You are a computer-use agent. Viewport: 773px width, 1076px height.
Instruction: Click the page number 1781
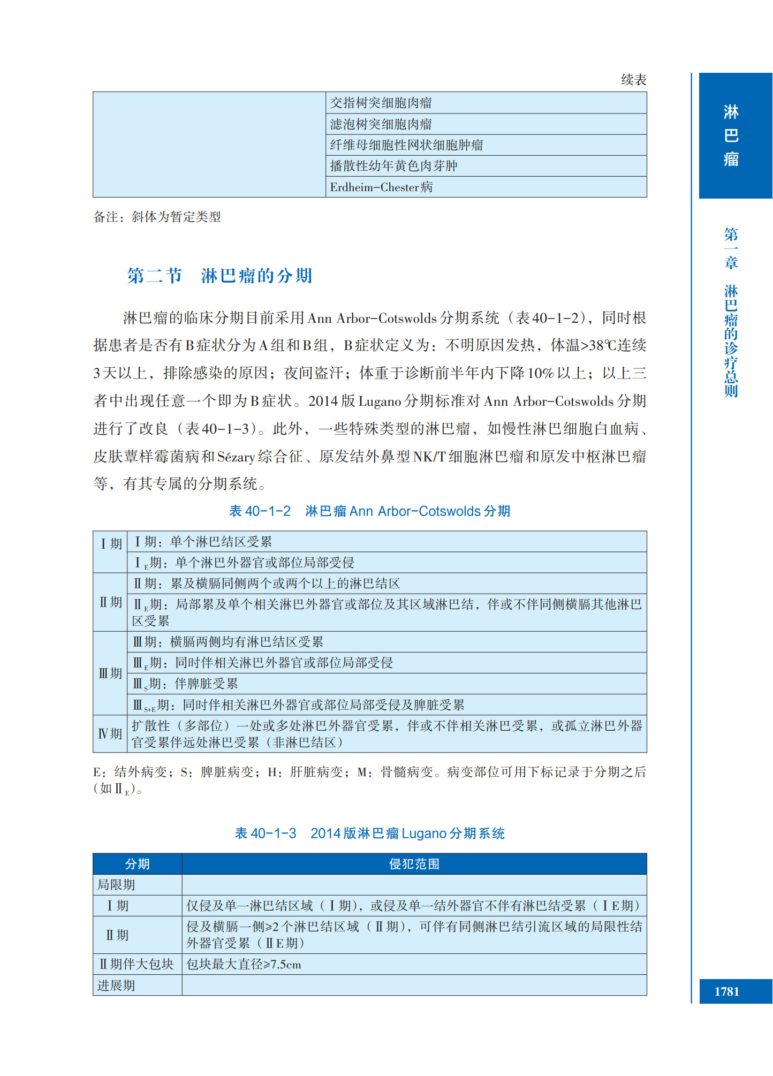(726, 991)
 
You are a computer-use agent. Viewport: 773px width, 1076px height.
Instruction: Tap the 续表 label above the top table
(633, 80)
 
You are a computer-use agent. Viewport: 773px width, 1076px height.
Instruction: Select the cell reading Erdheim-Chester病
(381, 187)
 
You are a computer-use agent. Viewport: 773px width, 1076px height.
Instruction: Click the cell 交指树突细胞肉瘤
(381, 103)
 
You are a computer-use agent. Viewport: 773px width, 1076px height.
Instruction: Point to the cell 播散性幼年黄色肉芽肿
(393, 166)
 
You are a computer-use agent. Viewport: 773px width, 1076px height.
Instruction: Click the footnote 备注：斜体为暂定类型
(157, 217)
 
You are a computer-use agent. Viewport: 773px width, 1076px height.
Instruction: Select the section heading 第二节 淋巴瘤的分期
(219, 276)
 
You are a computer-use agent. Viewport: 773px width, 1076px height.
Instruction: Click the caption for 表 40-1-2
(369, 511)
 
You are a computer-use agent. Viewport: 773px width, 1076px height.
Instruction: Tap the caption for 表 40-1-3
(369, 833)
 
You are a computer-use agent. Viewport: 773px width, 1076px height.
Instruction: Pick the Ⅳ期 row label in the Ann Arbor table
(110, 734)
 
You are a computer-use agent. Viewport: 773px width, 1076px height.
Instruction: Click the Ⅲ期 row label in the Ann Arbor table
(110, 673)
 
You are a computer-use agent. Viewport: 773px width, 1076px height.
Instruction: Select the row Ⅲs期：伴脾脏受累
(185, 684)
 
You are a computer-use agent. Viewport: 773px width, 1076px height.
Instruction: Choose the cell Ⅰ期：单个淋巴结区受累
(203, 542)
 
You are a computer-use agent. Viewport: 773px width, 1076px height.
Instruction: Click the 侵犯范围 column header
(414, 864)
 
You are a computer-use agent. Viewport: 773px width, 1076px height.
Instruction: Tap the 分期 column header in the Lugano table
(137, 864)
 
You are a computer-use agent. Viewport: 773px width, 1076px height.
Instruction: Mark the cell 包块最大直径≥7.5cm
(244, 965)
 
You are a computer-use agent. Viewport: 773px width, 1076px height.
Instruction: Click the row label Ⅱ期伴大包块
(137, 965)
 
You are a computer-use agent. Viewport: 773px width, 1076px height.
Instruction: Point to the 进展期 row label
(116, 986)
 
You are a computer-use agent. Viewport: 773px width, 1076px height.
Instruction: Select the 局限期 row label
(116, 885)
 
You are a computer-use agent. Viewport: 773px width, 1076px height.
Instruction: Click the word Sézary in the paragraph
(236, 457)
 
